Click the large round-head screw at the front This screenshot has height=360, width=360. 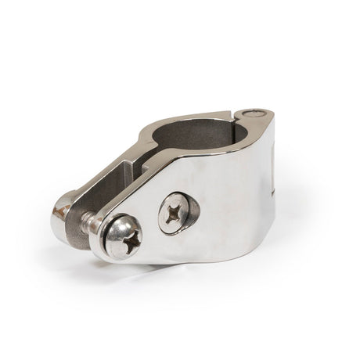123,236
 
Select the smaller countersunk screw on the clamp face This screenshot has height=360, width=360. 176,212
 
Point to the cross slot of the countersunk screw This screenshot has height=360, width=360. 173,212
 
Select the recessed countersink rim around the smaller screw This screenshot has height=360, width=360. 188,205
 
